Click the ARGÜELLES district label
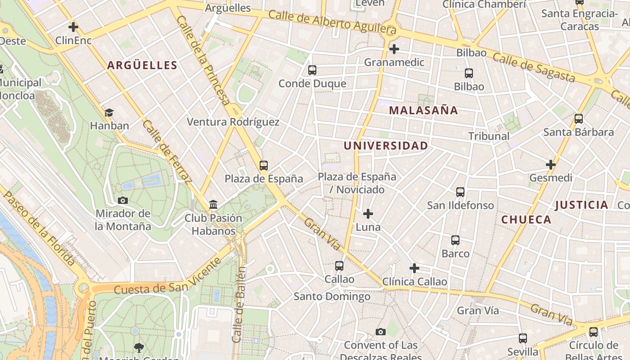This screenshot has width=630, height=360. click(142, 66)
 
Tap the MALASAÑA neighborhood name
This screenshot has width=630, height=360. click(423, 111)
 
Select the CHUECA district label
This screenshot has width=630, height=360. click(526, 220)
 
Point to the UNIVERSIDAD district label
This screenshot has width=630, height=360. click(386, 146)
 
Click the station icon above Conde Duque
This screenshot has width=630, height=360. click(312, 70)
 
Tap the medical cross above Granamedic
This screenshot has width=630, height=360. click(394, 49)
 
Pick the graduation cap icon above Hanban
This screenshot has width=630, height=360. click(109, 112)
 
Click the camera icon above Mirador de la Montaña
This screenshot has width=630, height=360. click(122, 200)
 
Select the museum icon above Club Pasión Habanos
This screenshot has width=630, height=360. click(213, 205)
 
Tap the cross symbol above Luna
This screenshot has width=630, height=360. click(368, 214)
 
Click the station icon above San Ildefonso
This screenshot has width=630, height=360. click(460, 192)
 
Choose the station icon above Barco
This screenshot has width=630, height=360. click(455, 240)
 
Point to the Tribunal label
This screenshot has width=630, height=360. click(489, 136)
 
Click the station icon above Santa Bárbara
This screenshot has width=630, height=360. click(579, 119)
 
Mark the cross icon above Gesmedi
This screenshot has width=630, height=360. click(551, 165)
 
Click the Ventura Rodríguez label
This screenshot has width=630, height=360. click(233, 122)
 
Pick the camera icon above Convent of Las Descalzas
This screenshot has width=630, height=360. click(381, 332)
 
